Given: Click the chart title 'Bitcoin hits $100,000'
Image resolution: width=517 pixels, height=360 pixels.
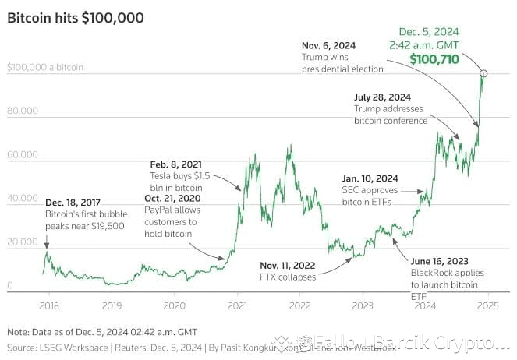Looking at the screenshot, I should tap(76, 17).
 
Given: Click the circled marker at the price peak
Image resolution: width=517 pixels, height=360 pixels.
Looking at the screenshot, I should tap(483, 73).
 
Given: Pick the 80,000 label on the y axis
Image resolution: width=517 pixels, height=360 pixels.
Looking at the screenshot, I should tap(22, 111).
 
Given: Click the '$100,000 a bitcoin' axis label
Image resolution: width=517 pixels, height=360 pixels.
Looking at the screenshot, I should tap(44, 68).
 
